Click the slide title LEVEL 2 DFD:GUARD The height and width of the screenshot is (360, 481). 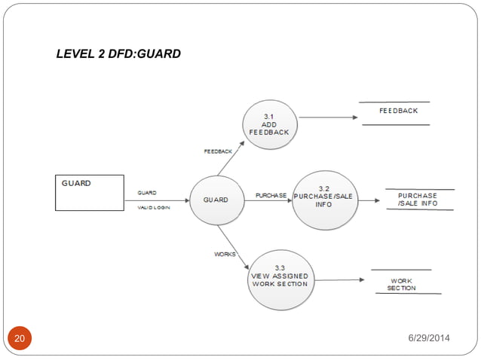tap(118, 54)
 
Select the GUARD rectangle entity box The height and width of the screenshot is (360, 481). tap(90, 192)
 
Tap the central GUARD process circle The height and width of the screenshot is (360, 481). tap(216, 200)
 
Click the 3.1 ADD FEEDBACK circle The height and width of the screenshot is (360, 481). tap(269, 124)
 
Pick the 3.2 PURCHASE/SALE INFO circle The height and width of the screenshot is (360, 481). tap(323, 200)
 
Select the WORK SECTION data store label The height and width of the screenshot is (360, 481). tap(401, 285)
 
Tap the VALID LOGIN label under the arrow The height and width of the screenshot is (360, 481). tap(153, 208)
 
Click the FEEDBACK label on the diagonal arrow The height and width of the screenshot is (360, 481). tap(218, 151)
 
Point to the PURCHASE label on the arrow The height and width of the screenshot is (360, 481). tap(271, 195)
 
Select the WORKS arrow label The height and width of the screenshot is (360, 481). tap(225, 255)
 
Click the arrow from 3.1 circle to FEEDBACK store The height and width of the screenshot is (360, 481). tap(327, 117)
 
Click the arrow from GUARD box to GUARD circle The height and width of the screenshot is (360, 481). tap(156, 200)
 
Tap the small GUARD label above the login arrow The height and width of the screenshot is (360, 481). tap(146, 193)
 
